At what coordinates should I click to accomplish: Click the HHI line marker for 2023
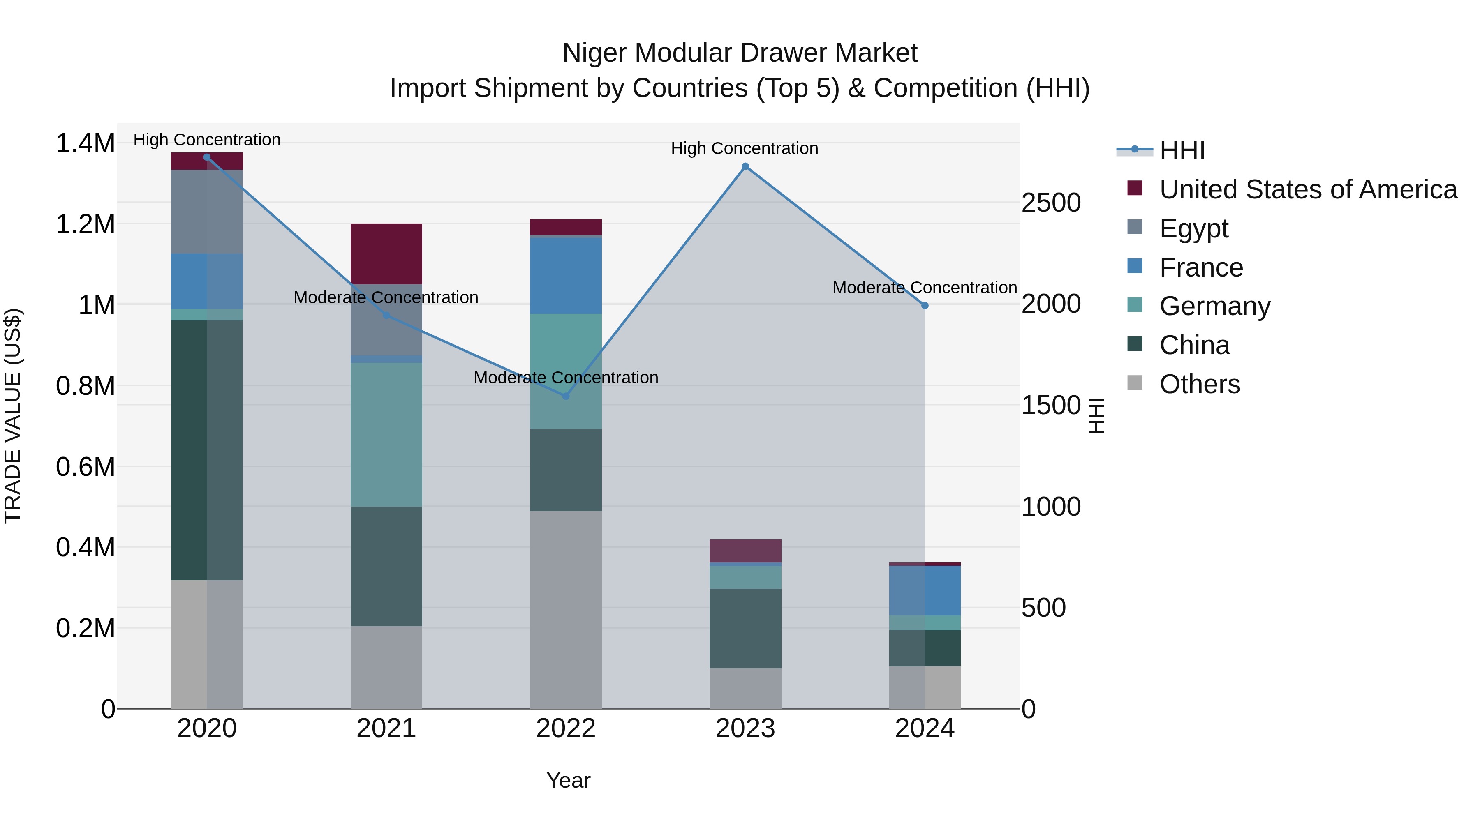[745, 166]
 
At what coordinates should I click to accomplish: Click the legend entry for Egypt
[1193, 228]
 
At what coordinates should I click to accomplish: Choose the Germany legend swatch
[1135, 305]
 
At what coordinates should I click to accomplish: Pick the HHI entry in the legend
[1182, 150]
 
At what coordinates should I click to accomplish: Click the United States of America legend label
[1308, 189]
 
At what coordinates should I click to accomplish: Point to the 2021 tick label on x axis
[386, 728]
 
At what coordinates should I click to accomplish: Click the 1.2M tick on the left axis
[86, 224]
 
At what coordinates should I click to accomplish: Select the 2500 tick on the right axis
[1051, 203]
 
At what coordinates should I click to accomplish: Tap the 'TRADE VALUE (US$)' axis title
[13, 416]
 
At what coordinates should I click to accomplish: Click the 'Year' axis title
[568, 780]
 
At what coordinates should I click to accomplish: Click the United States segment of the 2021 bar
[386, 254]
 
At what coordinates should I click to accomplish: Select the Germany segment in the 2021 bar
[386, 435]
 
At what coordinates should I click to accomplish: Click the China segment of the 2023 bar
[745, 628]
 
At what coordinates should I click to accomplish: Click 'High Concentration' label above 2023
[745, 149]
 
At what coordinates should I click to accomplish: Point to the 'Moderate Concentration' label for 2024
[925, 288]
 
